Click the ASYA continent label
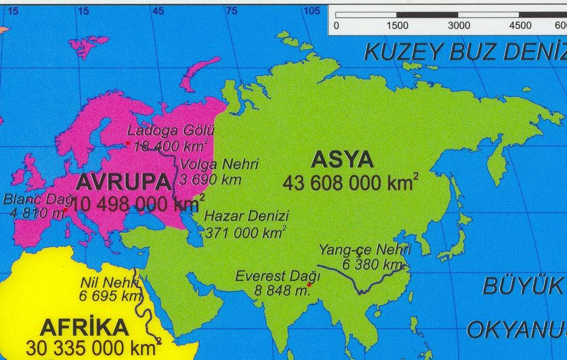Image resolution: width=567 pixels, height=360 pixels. click(x=342, y=160)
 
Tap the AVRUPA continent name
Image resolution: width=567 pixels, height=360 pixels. click(x=123, y=182)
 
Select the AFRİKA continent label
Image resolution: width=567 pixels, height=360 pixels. click(x=84, y=328)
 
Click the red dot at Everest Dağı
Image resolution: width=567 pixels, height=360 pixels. click(x=309, y=284)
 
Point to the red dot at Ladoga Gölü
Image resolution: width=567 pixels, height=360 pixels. click(x=128, y=143)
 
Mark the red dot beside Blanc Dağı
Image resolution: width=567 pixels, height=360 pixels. click(x=65, y=209)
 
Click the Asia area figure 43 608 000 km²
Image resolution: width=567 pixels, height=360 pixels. click(x=350, y=183)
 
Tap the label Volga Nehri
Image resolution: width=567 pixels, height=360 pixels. click(x=219, y=164)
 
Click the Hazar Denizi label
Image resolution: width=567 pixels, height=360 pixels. click(x=246, y=216)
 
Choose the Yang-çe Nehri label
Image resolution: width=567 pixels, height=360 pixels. click(x=364, y=250)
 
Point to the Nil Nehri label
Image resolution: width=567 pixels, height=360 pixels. click(x=109, y=282)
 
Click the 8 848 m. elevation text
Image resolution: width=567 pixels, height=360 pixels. click(x=282, y=290)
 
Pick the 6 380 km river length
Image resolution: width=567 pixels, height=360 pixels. click(x=372, y=265)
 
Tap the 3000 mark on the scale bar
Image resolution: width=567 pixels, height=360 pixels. click(x=459, y=25)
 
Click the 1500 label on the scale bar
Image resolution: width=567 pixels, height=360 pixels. click(x=397, y=25)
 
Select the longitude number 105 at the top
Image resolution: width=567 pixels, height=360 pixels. click(x=312, y=11)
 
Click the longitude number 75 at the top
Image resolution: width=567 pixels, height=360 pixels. click(x=232, y=11)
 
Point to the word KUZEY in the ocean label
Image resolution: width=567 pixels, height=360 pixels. click(x=401, y=53)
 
